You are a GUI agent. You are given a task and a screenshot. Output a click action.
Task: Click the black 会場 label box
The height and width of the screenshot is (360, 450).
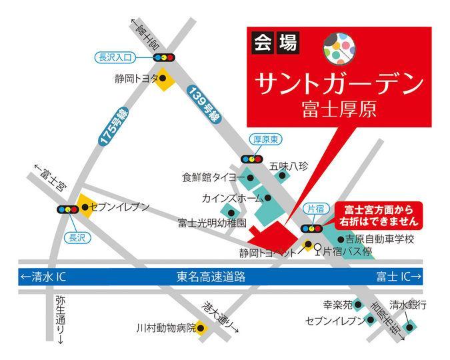click(276, 43)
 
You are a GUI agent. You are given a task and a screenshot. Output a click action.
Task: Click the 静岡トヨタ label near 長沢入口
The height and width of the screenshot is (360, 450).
click(137, 78)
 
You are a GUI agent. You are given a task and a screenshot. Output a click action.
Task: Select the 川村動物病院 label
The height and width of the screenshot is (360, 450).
click(164, 328)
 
